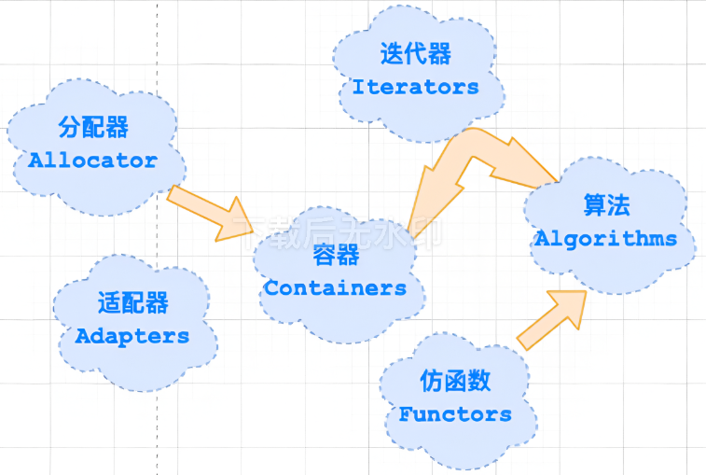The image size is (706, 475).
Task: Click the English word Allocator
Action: pyautogui.click(x=92, y=161)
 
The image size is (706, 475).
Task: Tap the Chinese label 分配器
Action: pyautogui.click(x=93, y=128)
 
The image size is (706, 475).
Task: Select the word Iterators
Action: pyautogui.click(x=415, y=87)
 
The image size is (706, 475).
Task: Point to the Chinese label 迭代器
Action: pyautogui.click(x=415, y=54)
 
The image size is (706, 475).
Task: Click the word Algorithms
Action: pyautogui.click(x=605, y=238)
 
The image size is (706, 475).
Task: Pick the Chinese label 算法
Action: pyautogui.click(x=605, y=205)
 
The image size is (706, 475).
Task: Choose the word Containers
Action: pyautogui.click(x=335, y=287)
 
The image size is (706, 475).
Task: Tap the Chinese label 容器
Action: pyautogui.click(x=335, y=255)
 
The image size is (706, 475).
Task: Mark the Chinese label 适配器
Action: pyautogui.click(x=132, y=303)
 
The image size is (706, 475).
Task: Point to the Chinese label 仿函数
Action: pyautogui.click(x=455, y=381)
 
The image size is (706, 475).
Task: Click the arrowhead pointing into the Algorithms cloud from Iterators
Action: pyautogui.click(x=532, y=168)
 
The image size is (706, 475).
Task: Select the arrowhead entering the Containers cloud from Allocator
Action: pyautogui.click(x=238, y=221)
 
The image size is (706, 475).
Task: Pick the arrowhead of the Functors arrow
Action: pyautogui.click(x=568, y=303)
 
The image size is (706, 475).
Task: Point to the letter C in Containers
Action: pyautogui.click(x=271, y=287)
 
